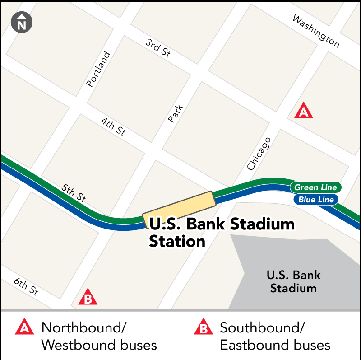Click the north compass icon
click(x=22, y=23)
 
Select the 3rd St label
click(x=157, y=48)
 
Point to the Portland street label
click(x=98, y=69)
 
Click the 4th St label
click(x=113, y=127)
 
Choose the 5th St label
click(x=73, y=192)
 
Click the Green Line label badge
click(x=315, y=187)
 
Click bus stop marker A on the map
click(x=304, y=111)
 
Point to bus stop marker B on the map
click(x=88, y=298)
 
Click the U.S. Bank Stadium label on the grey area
click(x=293, y=281)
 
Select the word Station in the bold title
click(x=177, y=241)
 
